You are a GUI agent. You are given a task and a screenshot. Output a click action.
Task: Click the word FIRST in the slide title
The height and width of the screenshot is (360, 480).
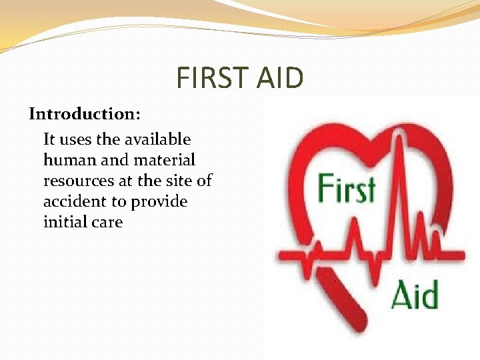point(209,78)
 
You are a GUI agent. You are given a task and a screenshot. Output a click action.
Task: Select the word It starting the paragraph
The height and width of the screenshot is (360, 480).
point(49,139)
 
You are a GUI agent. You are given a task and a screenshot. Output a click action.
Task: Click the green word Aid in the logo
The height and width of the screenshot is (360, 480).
point(414,295)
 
